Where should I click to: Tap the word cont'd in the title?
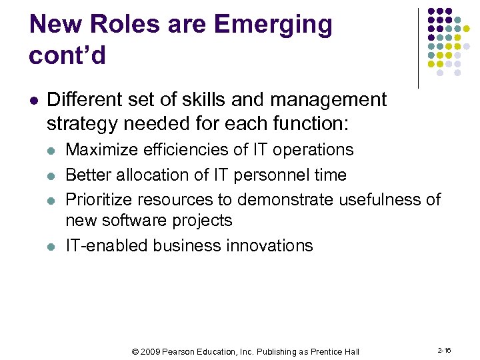(67, 55)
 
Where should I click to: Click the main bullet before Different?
(35, 101)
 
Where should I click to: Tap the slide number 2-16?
(445, 351)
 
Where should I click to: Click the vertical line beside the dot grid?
(419, 48)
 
